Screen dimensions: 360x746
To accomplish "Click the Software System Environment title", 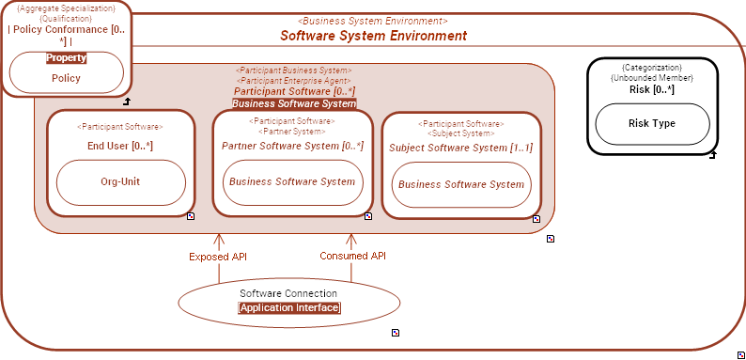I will [x=373, y=36].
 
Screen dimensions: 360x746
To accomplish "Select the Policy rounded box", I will [x=66, y=78].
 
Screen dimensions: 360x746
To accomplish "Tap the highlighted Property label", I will [x=66, y=57].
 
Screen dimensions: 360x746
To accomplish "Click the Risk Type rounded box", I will [x=652, y=123].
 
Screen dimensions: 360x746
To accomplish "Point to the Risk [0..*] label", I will [x=651, y=89].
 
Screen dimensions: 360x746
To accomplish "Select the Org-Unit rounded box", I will [x=120, y=181].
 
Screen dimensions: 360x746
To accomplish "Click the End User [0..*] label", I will [x=119, y=146].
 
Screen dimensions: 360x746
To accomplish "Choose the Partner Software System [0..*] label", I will [x=292, y=146].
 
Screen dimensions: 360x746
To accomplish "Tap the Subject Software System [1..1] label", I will [x=460, y=148].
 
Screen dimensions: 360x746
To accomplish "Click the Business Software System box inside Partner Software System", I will [x=292, y=181].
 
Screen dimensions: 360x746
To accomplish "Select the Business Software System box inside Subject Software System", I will [x=460, y=184].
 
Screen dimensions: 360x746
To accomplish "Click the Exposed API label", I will [x=218, y=256].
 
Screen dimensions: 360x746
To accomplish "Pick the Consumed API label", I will [x=352, y=256].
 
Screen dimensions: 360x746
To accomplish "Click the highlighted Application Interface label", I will [x=289, y=307].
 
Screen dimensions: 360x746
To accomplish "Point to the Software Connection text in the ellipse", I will [x=289, y=293].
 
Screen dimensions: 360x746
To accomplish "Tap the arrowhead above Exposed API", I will [x=218, y=240].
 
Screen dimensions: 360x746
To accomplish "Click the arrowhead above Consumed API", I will [x=352, y=240].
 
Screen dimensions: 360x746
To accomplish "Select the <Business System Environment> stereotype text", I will [x=372, y=21].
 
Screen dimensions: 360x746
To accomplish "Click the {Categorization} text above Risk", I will [x=651, y=68].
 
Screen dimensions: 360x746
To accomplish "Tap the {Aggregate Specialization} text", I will [x=66, y=8].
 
